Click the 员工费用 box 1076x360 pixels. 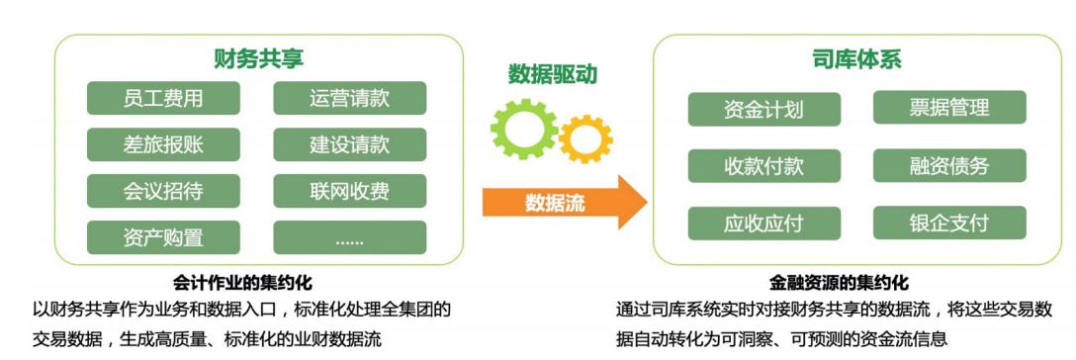163,98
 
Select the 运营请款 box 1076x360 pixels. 349,98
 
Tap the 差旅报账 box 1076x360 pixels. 163,144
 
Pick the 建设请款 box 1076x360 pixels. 349,144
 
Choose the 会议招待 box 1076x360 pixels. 163,191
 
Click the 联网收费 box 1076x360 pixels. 349,191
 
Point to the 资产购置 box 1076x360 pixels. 163,237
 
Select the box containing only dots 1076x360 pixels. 349,237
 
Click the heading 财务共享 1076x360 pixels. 259,59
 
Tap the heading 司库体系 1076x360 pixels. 856,59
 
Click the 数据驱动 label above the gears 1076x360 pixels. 553,74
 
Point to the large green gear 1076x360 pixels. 524,129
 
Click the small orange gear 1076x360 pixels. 585,138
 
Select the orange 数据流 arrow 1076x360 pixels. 565,202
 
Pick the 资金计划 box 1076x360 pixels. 763,109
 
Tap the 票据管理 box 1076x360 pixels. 949,109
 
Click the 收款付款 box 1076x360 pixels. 763,165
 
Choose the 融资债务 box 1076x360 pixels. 949,165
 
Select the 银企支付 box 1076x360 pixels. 949,223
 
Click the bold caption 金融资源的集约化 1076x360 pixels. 839,283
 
